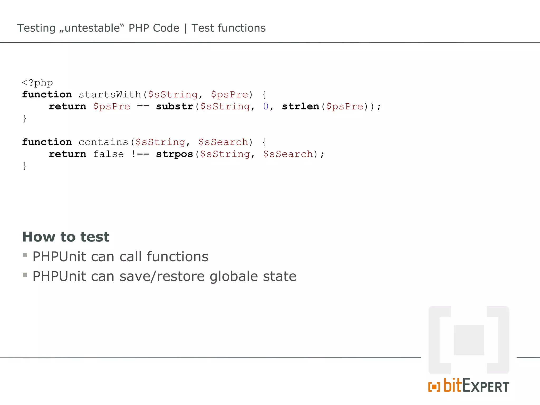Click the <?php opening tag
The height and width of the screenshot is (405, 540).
[37, 83]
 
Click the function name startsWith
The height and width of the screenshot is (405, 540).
[110, 94]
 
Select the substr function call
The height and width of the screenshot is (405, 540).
[174, 106]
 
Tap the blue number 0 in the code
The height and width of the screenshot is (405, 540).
[266, 106]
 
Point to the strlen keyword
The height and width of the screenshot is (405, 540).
[300, 106]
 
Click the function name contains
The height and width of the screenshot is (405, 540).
[103, 142]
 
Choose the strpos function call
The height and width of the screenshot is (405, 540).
[174, 154]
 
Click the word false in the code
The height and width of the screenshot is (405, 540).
[108, 154]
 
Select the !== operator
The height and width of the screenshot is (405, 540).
[140, 154]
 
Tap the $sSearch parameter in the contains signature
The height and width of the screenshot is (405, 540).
[223, 142]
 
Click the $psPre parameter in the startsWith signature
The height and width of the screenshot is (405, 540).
[229, 94]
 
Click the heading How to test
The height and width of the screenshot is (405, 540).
[66, 237]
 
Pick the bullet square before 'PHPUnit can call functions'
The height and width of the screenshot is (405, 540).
[25, 255]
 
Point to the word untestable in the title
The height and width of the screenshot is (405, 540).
[92, 28]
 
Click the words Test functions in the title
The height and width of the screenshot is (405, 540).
[229, 28]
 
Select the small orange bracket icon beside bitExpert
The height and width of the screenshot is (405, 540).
[434, 387]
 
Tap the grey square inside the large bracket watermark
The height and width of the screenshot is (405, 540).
[469, 340]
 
